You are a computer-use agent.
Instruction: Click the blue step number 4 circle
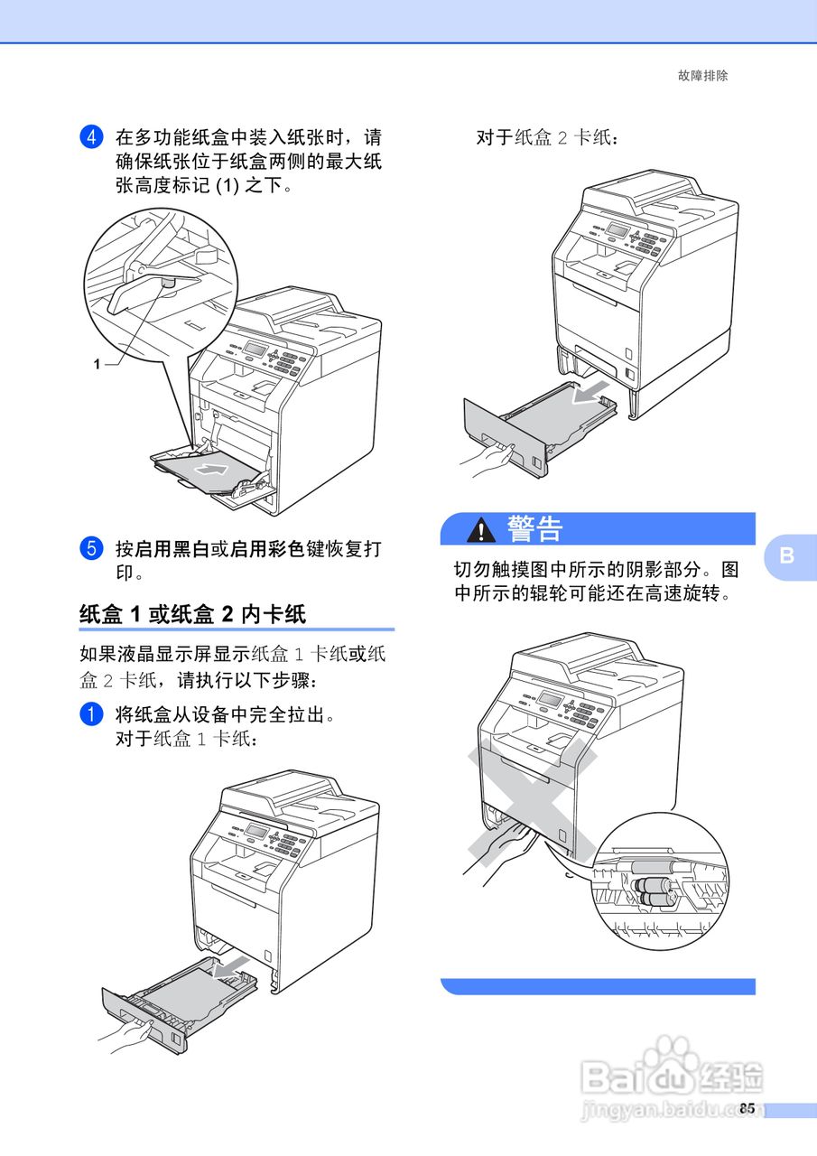pos(90,138)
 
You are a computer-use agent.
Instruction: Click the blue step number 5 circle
pos(90,548)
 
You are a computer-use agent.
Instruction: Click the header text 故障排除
pos(702,76)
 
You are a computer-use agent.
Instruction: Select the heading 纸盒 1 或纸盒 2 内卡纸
pos(192,614)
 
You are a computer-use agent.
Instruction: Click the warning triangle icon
pos(480,530)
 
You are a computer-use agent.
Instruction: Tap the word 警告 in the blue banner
pos(534,529)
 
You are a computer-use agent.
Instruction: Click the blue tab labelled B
pos(786,555)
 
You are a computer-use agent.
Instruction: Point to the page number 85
pos(747,1108)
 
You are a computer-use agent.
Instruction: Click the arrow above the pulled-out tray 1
pos(230,967)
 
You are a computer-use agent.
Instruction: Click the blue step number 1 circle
pos(90,714)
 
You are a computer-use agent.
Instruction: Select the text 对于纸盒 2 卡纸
pos(547,138)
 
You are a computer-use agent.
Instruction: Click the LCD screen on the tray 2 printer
pos(617,230)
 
